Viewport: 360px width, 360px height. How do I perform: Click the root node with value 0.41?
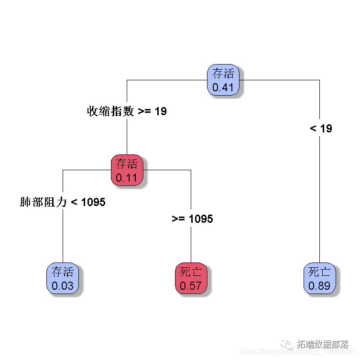[223, 80]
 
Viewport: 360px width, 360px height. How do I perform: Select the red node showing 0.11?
[127, 171]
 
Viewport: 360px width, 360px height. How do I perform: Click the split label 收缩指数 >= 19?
[127, 111]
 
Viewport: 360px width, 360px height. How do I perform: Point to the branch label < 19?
[321, 128]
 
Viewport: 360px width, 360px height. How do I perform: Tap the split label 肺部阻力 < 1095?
[63, 202]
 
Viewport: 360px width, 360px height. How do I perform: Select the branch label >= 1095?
[192, 219]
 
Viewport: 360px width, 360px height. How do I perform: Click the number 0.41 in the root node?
[223, 87]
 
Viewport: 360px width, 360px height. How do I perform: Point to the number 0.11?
[127, 178]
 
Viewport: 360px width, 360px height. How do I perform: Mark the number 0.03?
[63, 286]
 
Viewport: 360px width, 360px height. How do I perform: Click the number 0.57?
[191, 286]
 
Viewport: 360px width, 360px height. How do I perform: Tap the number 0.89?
[319, 286]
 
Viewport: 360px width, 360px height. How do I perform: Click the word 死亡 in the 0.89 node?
[319, 272]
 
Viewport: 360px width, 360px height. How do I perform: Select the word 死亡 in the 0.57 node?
[191, 272]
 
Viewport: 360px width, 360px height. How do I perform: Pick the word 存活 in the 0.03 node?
[63, 272]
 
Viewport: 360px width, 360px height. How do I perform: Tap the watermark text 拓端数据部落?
[323, 344]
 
